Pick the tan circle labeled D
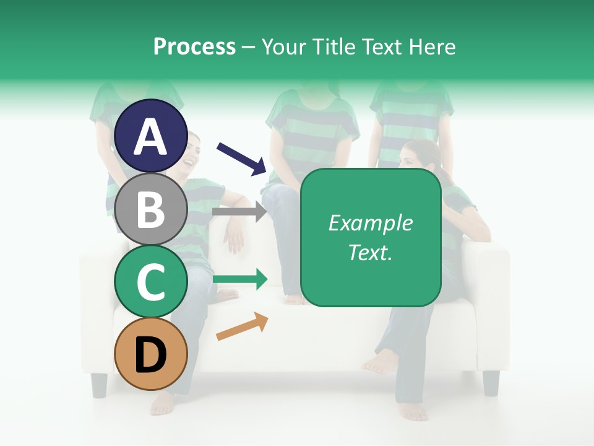click(x=150, y=354)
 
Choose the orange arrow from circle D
click(x=242, y=326)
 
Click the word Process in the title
click(x=194, y=46)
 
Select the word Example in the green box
click(x=370, y=223)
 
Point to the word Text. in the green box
click(x=370, y=252)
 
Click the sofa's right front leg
click(x=491, y=383)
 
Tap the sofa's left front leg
click(x=99, y=385)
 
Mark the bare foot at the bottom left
click(x=162, y=403)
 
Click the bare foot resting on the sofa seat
click(x=295, y=299)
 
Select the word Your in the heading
click(x=283, y=46)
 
